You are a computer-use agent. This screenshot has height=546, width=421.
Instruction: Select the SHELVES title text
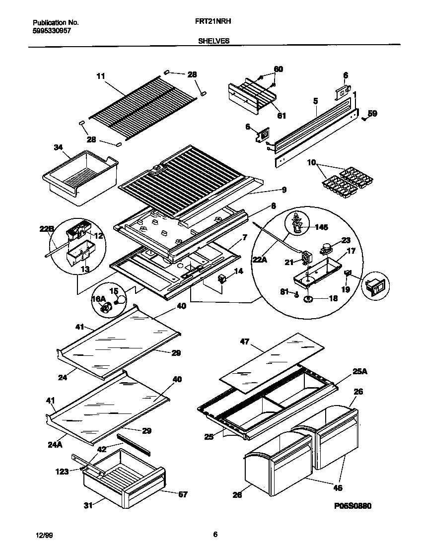213,41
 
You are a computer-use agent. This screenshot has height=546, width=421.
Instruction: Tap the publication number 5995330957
52,30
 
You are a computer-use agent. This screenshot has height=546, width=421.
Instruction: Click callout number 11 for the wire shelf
100,76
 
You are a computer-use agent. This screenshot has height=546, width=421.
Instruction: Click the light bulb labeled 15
120,300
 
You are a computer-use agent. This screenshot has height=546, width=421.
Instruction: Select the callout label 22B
46,228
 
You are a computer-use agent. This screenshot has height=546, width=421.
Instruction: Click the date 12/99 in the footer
43,535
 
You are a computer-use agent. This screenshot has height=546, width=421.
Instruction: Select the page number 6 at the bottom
215,535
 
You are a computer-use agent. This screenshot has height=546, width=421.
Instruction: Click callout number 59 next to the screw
372,113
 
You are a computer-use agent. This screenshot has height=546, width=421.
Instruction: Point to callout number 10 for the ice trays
312,162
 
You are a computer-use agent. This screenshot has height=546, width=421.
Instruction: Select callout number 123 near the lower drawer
62,472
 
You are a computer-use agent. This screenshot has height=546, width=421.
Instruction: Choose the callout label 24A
55,445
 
